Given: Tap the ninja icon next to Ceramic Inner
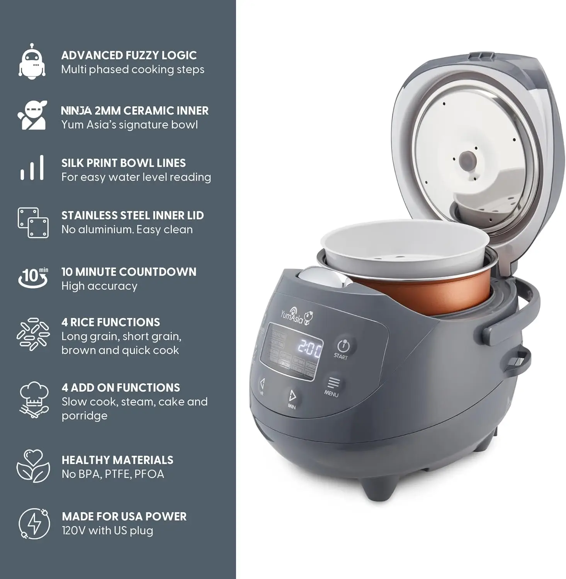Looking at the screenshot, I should tap(32, 115).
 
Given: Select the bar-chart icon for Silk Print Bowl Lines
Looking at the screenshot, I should tap(32, 168).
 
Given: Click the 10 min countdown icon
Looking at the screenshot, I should tap(33, 277).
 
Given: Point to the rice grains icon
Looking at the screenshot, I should tap(33, 335).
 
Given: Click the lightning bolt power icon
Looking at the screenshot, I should tap(34, 523).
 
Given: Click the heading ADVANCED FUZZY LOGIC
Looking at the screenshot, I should tap(129, 56).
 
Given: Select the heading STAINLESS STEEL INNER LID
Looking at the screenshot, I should tap(133, 215).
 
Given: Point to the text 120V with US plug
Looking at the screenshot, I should tap(107, 531).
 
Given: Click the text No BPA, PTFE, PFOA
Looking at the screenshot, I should tap(113, 474).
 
